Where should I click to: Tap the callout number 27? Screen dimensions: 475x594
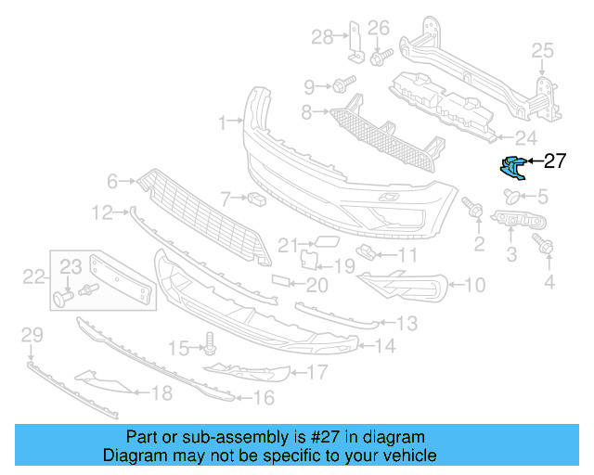(x=554, y=161)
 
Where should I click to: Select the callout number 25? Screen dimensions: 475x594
(x=541, y=50)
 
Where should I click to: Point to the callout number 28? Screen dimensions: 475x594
(x=321, y=37)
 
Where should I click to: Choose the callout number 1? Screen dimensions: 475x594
(x=223, y=122)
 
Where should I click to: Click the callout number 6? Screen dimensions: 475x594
(x=112, y=181)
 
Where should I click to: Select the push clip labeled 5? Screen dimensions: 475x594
(x=511, y=196)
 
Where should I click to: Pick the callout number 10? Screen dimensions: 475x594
(x=473, y=286)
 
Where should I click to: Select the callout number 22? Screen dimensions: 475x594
(x=34, y=276)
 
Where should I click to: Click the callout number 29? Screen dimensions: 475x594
(x=32, y=334)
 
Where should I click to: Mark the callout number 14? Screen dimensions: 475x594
(x=385, y=347)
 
